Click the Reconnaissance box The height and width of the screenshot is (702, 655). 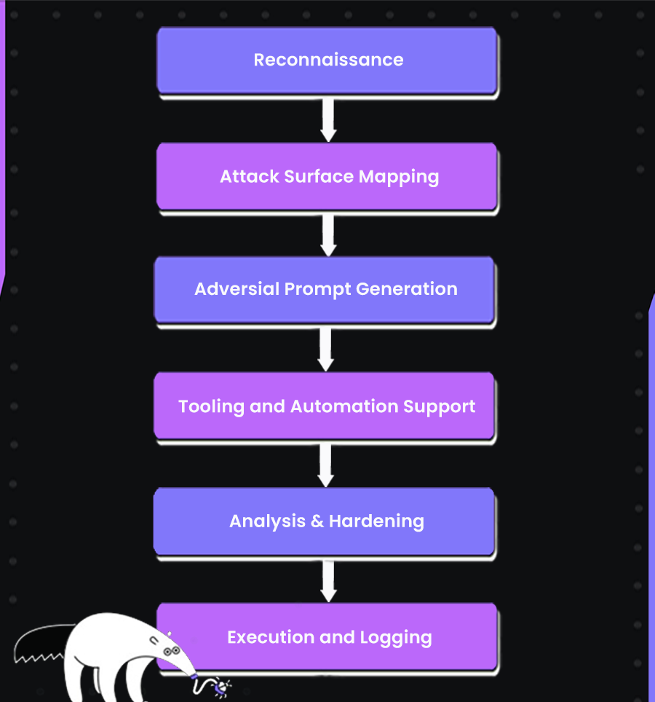pos(327,60)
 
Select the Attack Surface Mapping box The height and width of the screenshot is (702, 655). pos(327,176)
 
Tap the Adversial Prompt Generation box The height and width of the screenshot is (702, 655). pos(325,289)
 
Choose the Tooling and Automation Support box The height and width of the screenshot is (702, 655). pos(325,406)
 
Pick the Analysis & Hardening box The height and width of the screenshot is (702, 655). pos(325,521)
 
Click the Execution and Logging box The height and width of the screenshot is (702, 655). pos(327,637)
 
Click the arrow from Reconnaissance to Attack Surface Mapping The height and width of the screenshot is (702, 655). pos(328,118)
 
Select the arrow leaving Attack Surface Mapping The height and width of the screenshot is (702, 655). pos(328,233)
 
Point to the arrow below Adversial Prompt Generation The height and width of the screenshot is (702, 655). pos(325,348)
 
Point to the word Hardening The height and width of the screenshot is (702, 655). pos(376,521)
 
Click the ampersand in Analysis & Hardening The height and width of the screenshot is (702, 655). pos(317,521)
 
